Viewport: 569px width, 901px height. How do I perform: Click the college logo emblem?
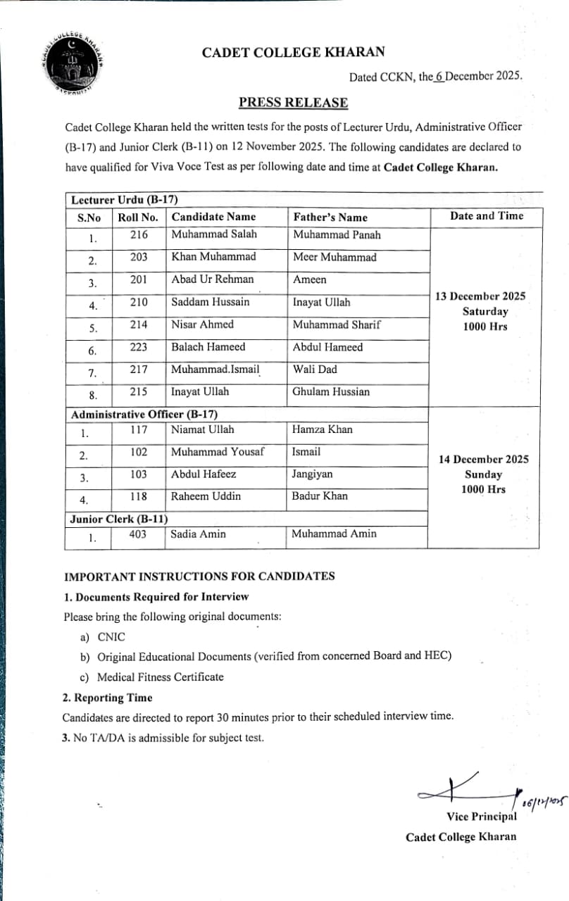point(68,63)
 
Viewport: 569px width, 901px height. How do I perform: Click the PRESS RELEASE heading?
point(293,103)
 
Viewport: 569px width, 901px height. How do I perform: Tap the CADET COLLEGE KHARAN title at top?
point(293,52)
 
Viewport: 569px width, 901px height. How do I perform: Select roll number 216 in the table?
point(139,234)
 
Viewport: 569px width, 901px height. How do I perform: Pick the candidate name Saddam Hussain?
point(210,302)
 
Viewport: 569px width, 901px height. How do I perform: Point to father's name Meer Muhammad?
point(334,257)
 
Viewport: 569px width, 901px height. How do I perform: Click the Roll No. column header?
point(138,217)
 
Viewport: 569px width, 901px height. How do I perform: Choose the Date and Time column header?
point(487,216)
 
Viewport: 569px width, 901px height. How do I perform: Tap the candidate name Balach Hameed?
point(208,347)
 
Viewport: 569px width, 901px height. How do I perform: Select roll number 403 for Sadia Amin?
point(138,534)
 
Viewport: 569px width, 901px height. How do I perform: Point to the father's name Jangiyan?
point(313,474)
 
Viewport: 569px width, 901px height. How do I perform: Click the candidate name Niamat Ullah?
point(203,429)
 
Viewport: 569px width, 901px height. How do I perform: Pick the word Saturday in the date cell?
point(485,311)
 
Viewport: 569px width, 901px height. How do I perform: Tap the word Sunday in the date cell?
point(484,474)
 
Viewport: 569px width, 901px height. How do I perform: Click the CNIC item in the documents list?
point(111,637)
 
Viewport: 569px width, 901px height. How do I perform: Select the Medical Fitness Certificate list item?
point(160,677)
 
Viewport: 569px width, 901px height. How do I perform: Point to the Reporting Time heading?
point(107,698)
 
